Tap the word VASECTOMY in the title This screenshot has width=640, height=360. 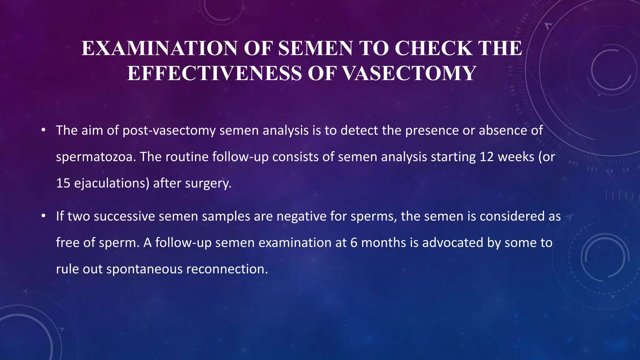point(409,73)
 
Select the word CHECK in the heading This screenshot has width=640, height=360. point(433,48)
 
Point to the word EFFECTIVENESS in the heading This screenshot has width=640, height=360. point(215,73)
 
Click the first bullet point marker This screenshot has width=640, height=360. point(43,130)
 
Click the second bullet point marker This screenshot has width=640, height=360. point(43,216)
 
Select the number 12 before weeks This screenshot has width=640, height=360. point(487,157)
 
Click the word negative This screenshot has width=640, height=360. point(301,216)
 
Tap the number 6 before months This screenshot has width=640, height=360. point(354,243)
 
